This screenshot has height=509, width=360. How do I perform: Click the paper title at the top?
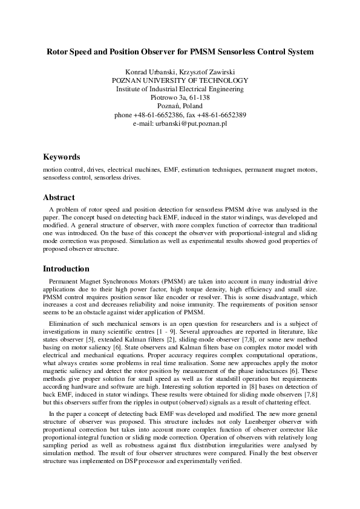[180, 52]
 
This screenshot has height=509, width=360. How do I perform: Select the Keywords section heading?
[61, 157]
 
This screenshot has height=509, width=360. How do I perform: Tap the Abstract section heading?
[59, 197]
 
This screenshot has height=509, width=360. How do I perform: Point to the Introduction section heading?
[66, 268]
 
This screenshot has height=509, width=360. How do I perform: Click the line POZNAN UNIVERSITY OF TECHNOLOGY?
[180, 80]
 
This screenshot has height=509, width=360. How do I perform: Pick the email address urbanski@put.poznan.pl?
[188, 123]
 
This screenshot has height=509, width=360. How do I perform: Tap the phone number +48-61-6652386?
[160, 115]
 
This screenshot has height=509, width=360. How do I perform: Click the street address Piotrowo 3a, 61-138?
[180, 97]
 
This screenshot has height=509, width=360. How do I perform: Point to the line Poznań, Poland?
[180, 106]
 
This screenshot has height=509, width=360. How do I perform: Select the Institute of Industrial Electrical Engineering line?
[180, 89]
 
